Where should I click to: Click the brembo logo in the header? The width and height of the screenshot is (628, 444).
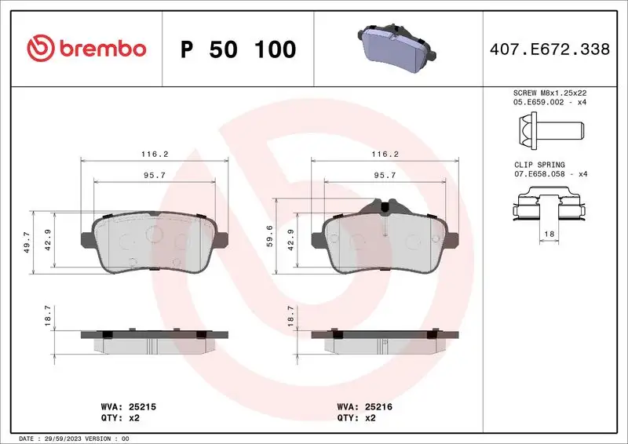point(86,49)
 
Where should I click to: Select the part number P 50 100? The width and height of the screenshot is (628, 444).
point(238,49)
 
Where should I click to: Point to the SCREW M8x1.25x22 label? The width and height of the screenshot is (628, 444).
point(549,93)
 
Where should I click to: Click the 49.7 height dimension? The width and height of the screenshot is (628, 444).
point(27,242)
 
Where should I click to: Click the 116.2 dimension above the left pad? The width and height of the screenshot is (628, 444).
point(155,155)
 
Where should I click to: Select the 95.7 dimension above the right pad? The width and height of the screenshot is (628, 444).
point(384,176)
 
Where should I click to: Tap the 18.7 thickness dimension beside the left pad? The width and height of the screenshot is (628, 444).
point(48,316)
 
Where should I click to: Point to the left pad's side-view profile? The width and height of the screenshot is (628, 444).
point(155,340)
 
